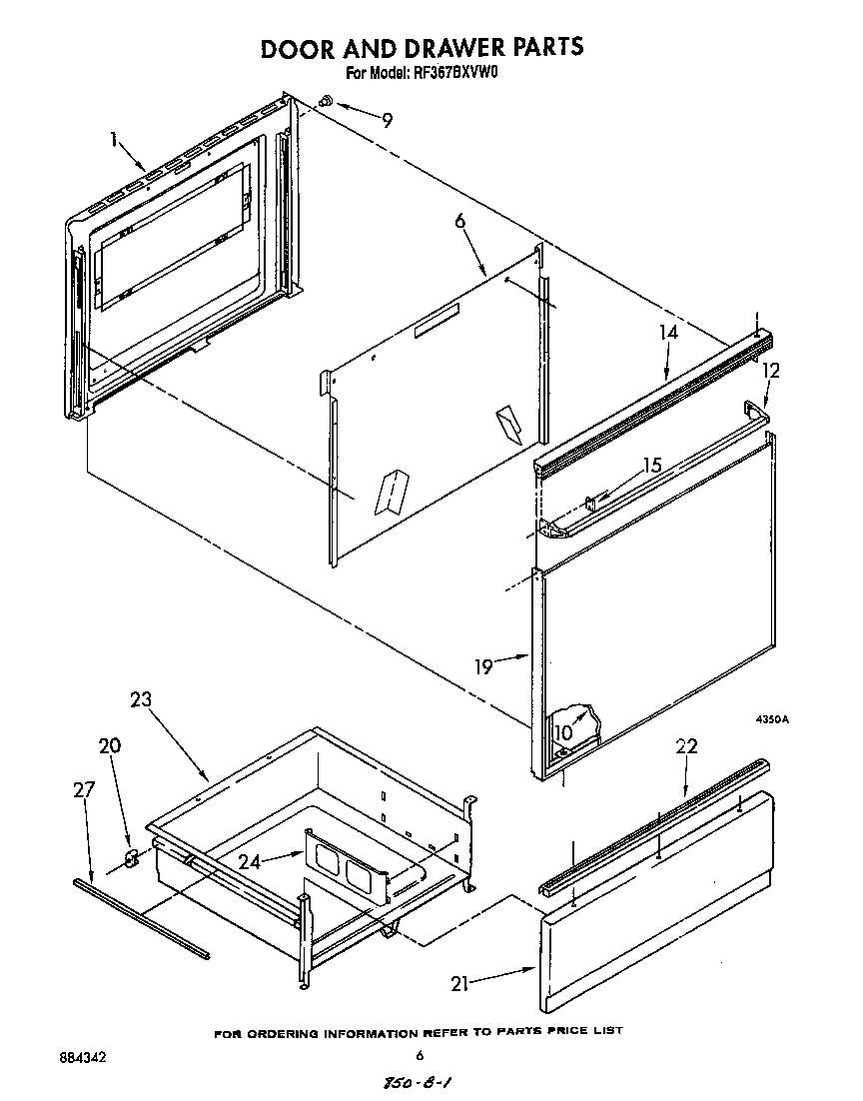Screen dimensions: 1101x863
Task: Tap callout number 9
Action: pyautogui.click(x=387, y=120)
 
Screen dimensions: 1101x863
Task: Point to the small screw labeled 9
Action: pyautogui.click(x=327, y=102)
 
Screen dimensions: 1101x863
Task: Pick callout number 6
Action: pyautogui.click(x=460, y=222)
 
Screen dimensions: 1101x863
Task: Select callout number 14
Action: pyautogui.click(x=668, y=333)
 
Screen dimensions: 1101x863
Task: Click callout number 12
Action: pyautogui.click(x=771, y=371)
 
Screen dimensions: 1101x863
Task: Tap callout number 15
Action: pyautogui.click(x=652, y=466)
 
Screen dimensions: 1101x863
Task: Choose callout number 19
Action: pyautogui.click(x=484, y=665)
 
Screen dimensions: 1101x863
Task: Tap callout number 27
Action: pyautogui.click(x=84, y=790)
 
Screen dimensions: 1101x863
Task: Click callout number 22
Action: pyautogui.click(x=686, y=746)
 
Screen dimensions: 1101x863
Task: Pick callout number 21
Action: pyautogui.click(x=460, y=983)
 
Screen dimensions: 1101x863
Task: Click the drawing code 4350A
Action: pyautogui.click(x=770, y=718)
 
